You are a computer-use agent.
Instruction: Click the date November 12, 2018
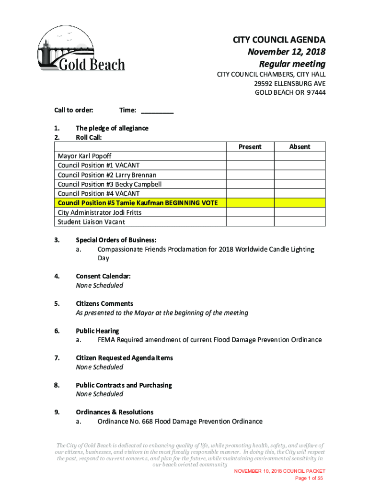[287, 52]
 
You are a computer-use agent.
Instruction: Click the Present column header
[250, 147]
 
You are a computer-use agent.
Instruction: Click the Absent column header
[300, 147]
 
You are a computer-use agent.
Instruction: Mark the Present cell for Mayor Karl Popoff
[250, 156]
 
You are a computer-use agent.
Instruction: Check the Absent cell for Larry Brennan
[300, 175]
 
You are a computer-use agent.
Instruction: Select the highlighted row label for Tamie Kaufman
[138, 203]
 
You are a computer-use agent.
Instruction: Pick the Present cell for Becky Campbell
[250, 184]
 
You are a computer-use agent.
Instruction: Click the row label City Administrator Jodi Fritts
[100, 212]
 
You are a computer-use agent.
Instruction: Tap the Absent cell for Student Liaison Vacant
[300, 222]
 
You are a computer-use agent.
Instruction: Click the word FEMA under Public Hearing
[106, 340]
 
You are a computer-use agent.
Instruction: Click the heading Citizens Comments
[104, 303]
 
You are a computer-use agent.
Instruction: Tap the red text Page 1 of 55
[309, 478]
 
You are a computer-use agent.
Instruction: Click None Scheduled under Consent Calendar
[100, 286]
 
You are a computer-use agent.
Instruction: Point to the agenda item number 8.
[57, 385]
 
